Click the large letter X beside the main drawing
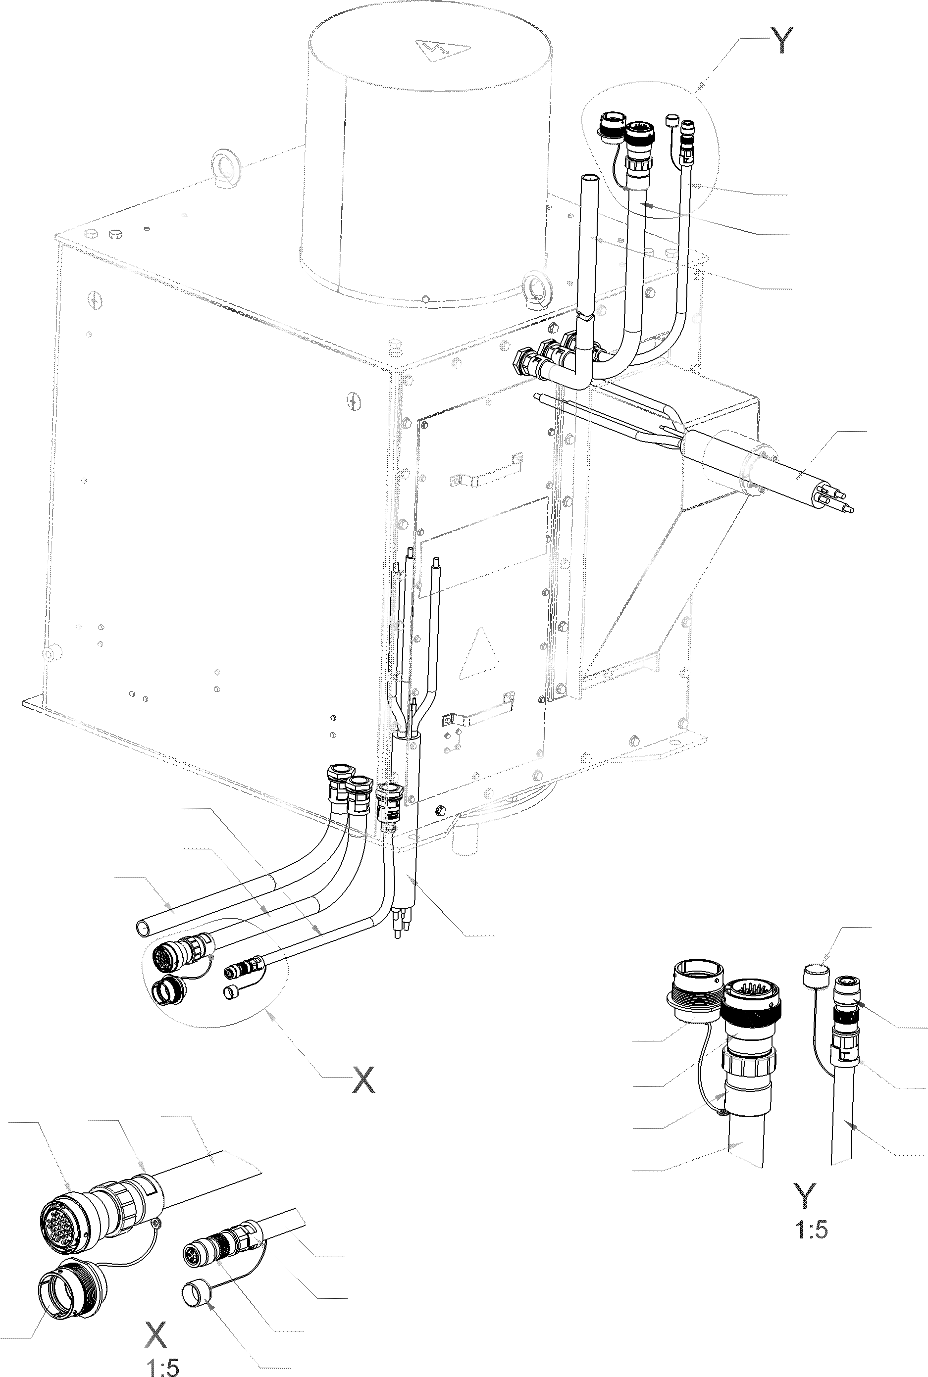pyautogui.click(x=363, y=1080)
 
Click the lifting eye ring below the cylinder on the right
pyautogui.click(x=538, y=289)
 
